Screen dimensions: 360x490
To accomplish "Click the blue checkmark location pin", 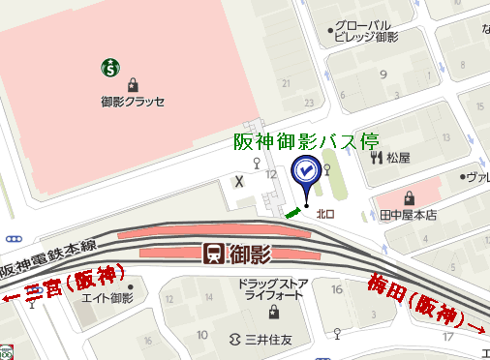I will pos(306,172).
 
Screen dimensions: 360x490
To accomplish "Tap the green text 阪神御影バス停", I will pos(306,140).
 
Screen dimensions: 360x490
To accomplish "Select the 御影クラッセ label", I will pos(133,101).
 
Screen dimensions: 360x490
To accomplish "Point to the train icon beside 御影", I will pos(215,255).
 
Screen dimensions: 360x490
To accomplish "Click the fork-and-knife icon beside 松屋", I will pos(376,157).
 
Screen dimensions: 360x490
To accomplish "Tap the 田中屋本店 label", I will pos(410,215).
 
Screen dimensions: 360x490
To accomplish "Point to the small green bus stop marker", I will pos(292,211).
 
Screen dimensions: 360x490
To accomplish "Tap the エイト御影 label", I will pos(106,298).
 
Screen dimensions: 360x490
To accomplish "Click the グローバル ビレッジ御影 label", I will pos(364,31).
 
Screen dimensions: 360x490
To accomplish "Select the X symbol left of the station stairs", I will pos(239,180).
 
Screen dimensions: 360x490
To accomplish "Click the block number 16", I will pos(337,289).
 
